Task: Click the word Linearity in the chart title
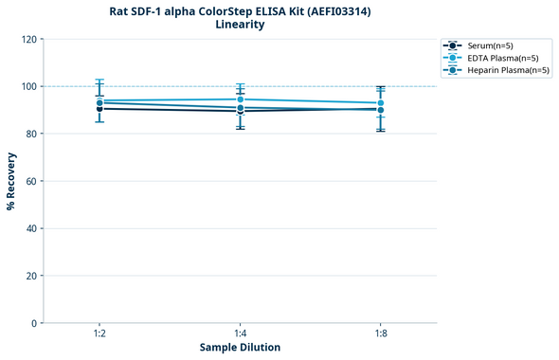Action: (240, 25)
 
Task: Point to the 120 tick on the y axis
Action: (28, 39)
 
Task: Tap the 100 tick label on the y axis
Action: (28, 86)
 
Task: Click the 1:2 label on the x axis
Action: (99, 333)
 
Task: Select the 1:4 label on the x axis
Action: (240, 333)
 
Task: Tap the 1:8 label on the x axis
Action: (381, 333)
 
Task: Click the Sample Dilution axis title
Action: (240, 348)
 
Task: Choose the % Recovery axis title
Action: (11, 181)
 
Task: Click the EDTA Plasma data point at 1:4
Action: (240, 99)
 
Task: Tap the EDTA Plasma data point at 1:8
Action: (381, 103)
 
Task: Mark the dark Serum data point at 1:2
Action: (99, 109)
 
